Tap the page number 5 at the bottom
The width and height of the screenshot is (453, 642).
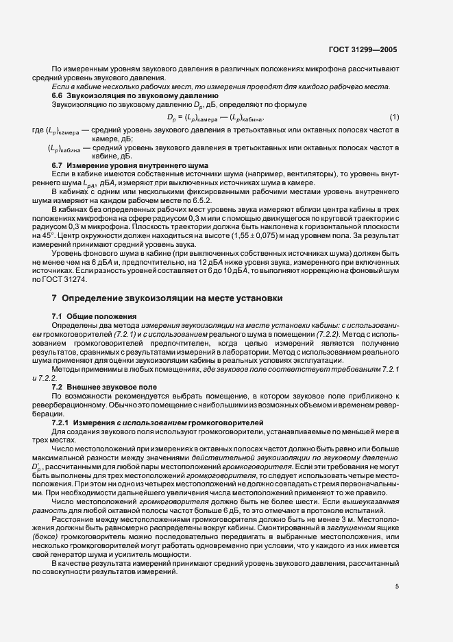click(396, 567)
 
